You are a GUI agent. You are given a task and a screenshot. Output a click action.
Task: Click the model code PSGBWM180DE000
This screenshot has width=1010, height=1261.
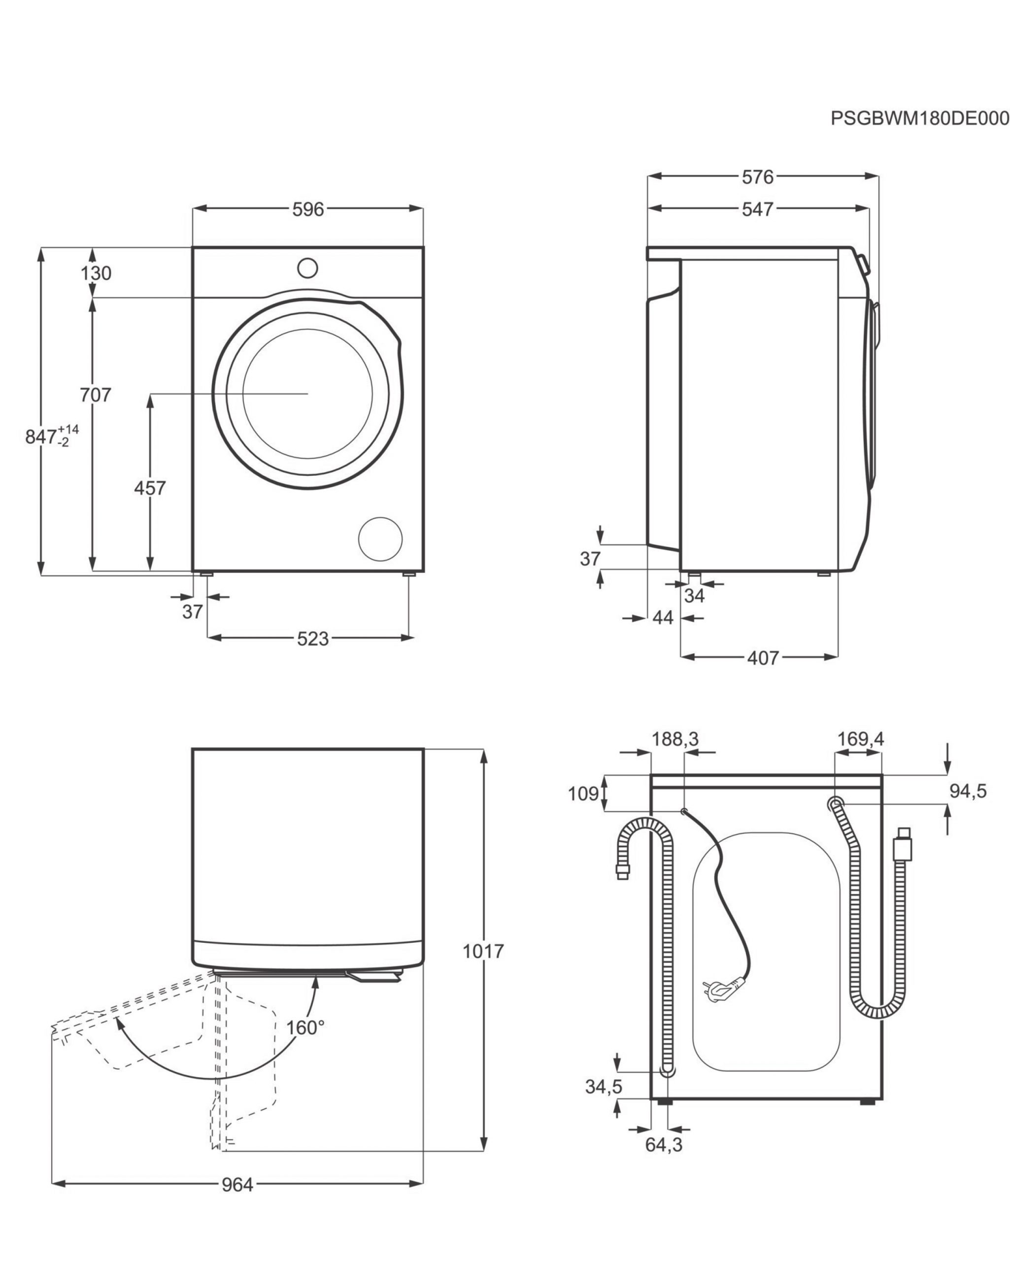click(x=919, y=135)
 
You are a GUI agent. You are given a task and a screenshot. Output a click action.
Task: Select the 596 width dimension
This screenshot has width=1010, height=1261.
click(x=308, y=209)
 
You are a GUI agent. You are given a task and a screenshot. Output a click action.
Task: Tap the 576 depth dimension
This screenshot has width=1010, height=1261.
click(x=757, y=177)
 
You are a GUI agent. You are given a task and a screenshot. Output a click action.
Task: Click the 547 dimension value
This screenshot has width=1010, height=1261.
click(x=757, y=209)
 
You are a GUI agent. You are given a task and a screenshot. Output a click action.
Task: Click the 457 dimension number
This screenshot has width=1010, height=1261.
click(x=150, y=487)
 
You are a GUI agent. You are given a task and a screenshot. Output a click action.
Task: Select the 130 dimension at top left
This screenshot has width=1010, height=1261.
click(x=96, y=273)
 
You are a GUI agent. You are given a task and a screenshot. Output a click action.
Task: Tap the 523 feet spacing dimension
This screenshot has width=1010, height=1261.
click(x=312, y=639)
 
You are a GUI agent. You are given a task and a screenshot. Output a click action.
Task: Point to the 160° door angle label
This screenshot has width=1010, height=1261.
click(x=305, y=1028)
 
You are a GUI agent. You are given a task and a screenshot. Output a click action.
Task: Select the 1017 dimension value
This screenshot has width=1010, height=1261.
click(x=483, y=952)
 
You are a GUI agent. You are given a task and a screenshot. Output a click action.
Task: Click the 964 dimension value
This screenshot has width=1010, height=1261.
click(x=237, y=1185)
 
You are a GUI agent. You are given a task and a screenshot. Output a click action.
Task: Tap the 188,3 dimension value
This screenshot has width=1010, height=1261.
click(x=675, y=739)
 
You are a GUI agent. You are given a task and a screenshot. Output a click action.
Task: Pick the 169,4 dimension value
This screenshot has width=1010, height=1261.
click(x=860, y=739)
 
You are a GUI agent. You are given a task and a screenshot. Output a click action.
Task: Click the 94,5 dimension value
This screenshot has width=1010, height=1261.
click(x=968, y=792)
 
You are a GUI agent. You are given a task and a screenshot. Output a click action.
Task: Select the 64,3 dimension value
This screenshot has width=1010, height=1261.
click(x=664, y=1145)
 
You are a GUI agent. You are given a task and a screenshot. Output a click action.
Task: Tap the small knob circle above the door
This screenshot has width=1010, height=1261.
click(x=307, y=268)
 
